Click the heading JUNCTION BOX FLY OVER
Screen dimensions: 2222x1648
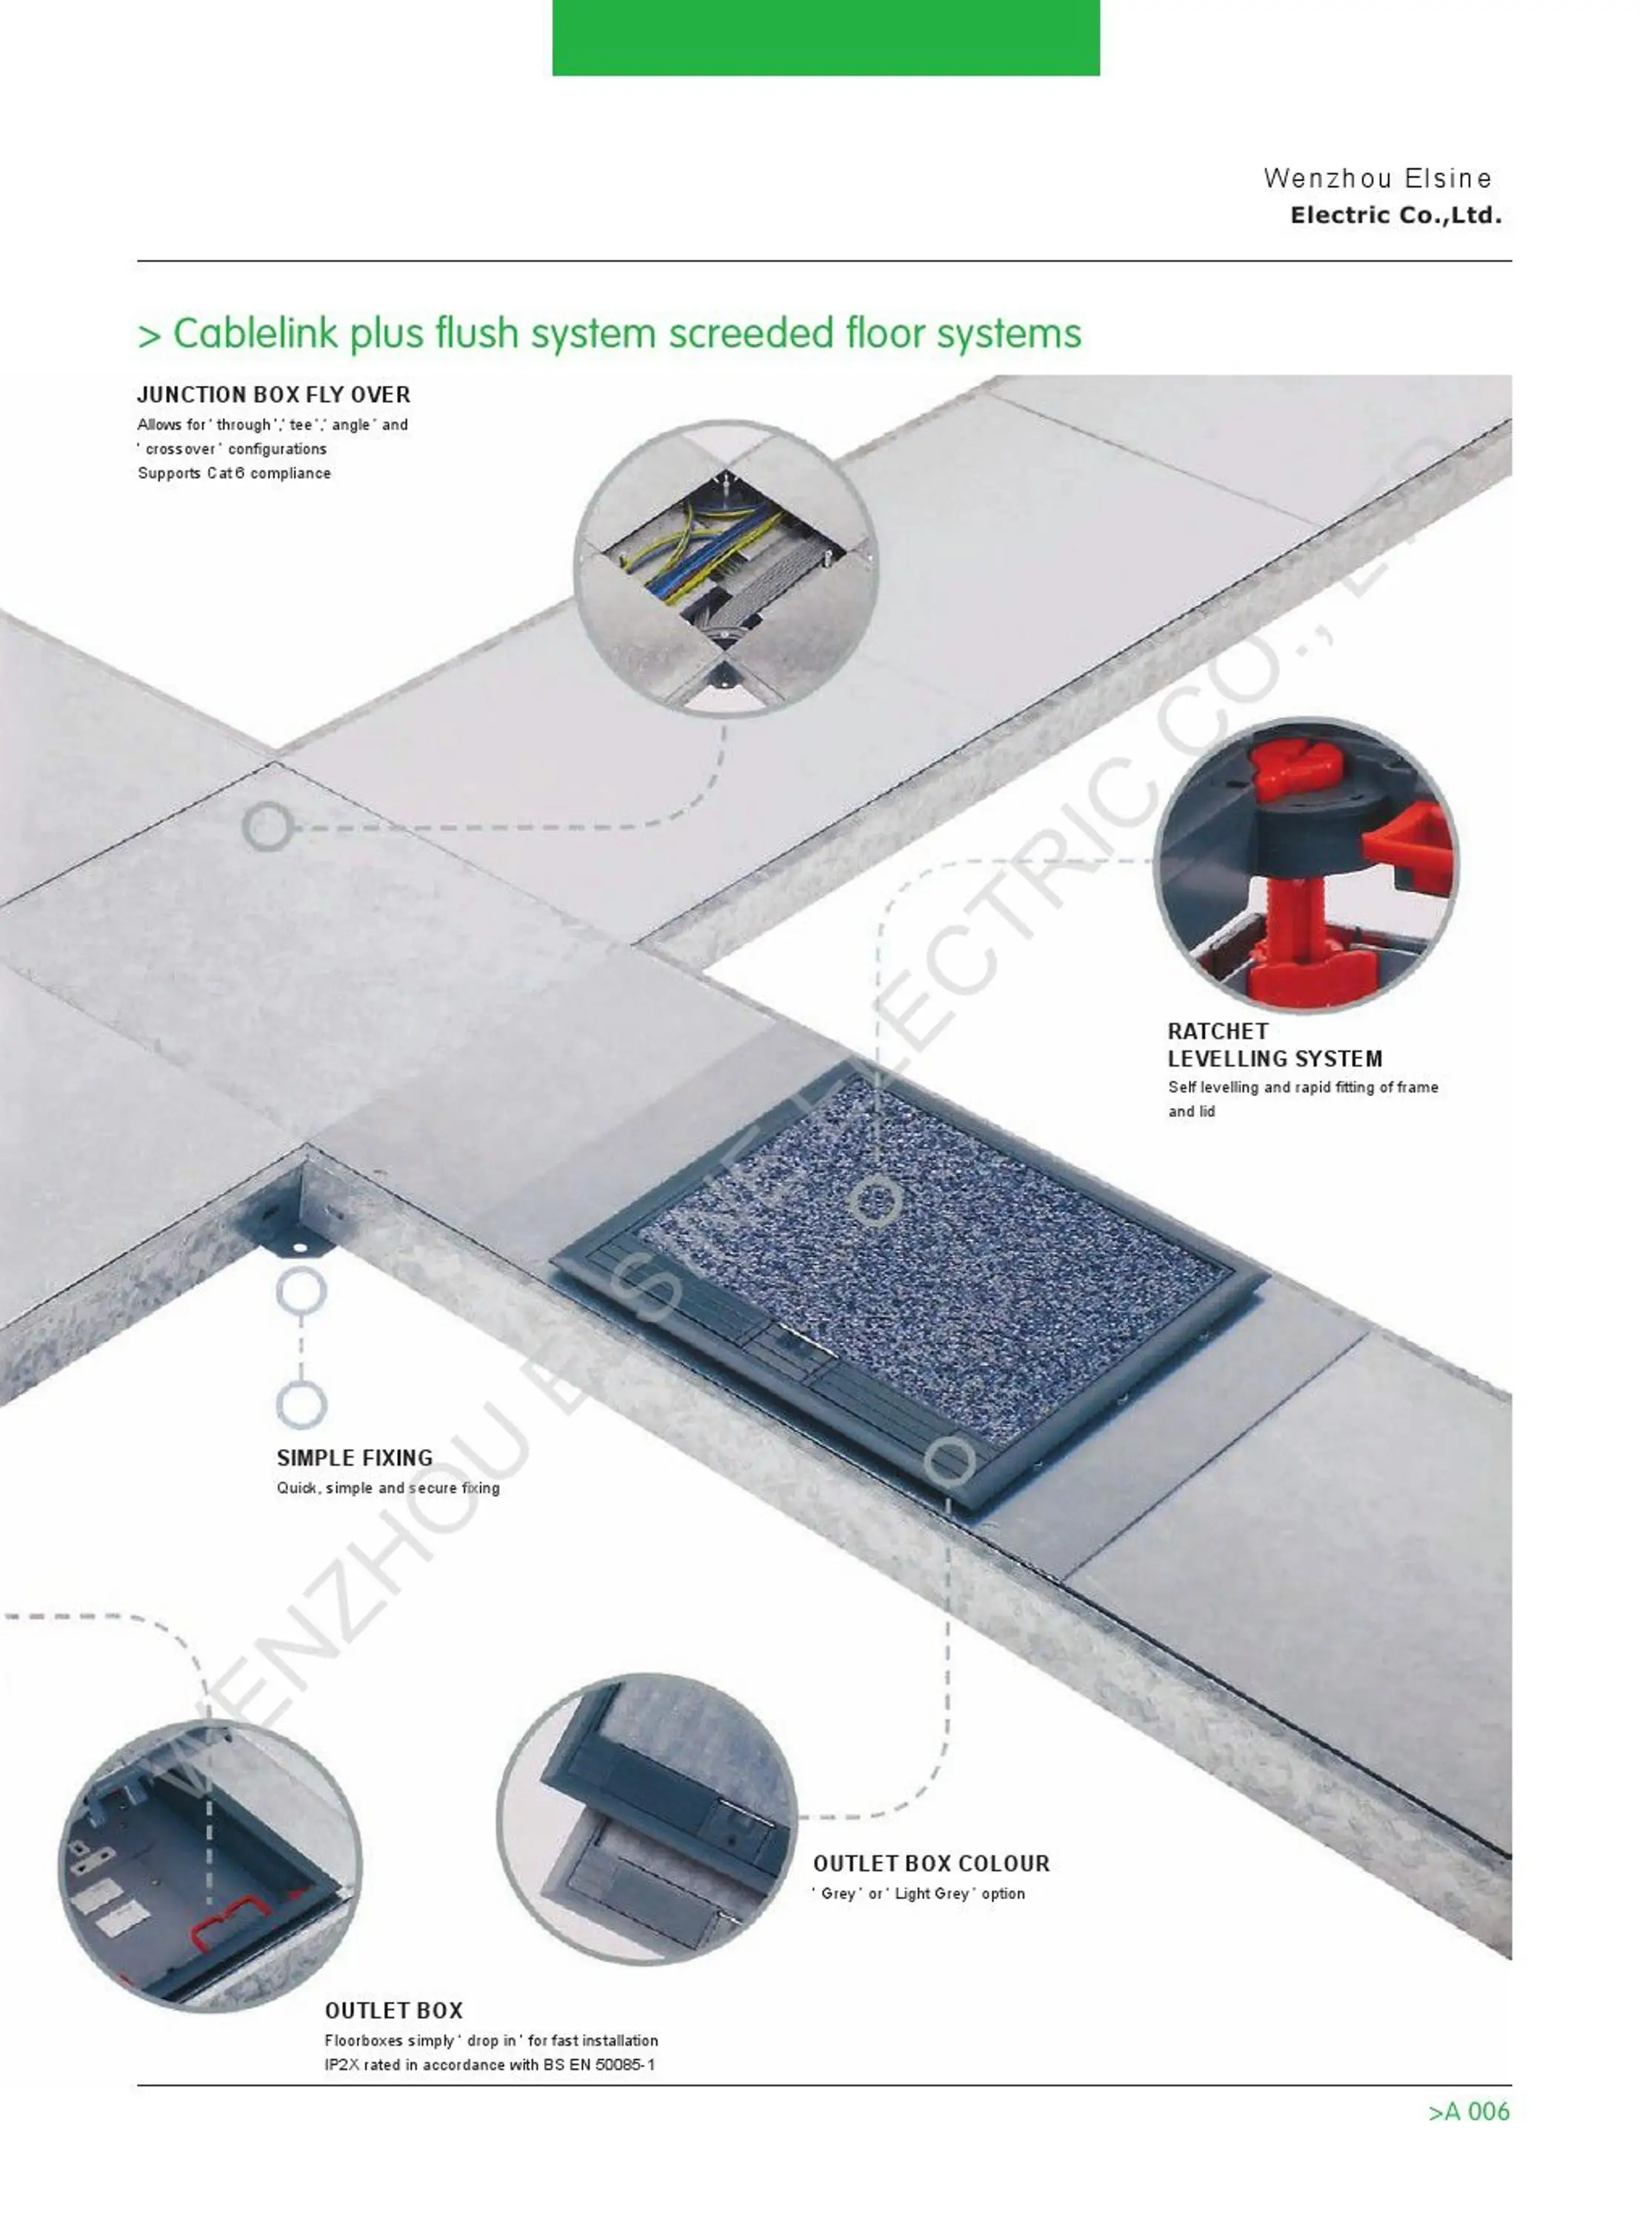point(273,395)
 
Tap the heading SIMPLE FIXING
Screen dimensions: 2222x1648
point(354,1458)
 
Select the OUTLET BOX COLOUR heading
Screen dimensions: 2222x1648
point(931,1864)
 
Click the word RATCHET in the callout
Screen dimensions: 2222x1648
point(1217,1031)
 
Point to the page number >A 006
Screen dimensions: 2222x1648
point(1469,2112)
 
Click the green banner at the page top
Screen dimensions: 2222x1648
point(825,37)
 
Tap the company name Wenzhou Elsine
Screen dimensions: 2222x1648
point(1377,179)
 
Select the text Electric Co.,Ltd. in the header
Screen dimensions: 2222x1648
point(1395,216)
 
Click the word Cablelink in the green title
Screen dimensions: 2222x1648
point(254,334)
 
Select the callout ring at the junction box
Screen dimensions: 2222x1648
point(267,827)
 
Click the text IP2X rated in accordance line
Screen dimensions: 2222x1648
point(489,2064)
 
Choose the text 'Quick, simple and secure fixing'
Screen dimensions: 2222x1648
point(388,1488)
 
